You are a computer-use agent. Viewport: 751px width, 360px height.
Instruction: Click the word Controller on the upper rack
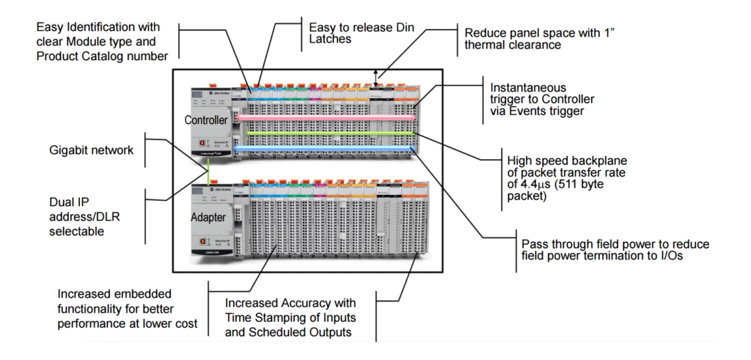pyautogui.click(x=206, y=119)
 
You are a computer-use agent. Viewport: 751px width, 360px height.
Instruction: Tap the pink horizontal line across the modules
pyautogui.click(x=323, y=117)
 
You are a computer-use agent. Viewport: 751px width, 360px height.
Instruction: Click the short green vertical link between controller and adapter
pyautogui.click(x=208, y=173)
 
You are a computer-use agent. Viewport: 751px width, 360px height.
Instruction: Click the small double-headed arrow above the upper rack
pyautogui.click(x=378, y=75)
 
